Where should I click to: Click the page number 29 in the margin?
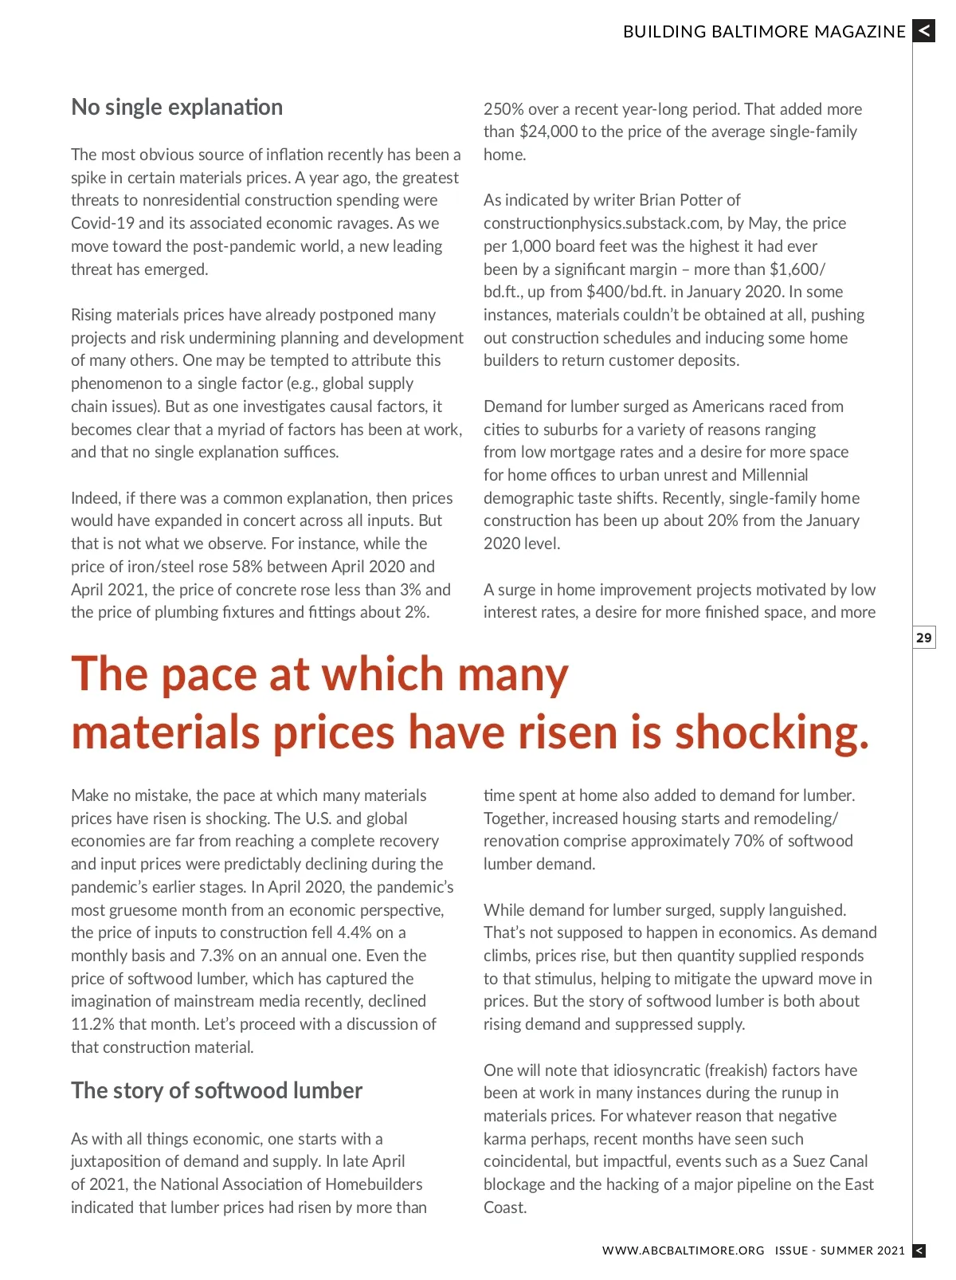click(923, 638)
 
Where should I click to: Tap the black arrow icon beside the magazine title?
click(923, 31)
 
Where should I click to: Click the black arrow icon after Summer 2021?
click(919, 1251)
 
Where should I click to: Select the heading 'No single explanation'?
click(177, 108)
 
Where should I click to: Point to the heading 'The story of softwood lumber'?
click(217, 1090)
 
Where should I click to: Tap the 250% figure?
click(501, 109)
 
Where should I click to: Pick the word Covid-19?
click(103, 223)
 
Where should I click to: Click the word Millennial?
click(774, 475)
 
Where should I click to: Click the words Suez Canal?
click(830, 1161)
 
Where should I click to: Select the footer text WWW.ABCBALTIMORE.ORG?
click(683, 1251)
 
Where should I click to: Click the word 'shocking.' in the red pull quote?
click(772, 732)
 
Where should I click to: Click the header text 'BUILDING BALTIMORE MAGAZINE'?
click(764, 32)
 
